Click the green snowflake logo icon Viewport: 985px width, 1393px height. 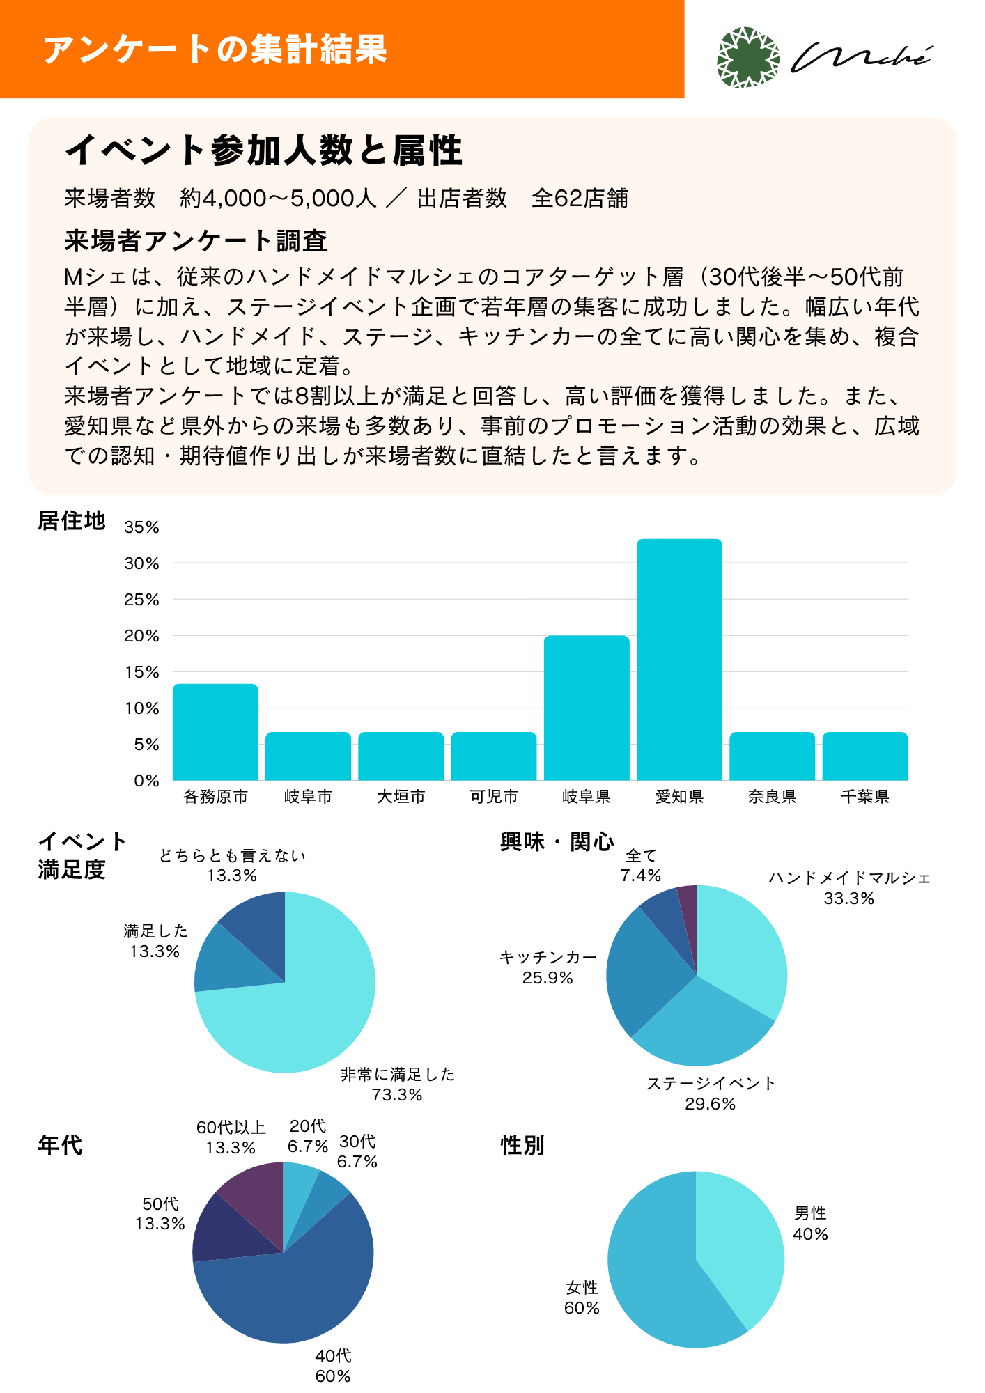(748, 58)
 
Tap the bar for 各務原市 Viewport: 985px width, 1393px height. (215, 732)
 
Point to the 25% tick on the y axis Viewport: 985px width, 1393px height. (141, 600)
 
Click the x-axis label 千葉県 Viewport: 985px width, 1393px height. (865, 797)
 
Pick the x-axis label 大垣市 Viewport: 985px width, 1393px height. (401, 797)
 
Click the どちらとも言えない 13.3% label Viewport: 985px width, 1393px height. (232, 865)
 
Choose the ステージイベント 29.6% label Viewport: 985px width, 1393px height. (711, 1094)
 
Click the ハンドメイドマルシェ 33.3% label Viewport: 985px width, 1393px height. (849, 888)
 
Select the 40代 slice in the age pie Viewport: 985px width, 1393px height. (293, 1289)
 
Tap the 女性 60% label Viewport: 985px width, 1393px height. (582, 1298)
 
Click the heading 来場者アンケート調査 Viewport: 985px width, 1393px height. (196, 241)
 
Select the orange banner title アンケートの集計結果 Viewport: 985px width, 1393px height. (215, 49)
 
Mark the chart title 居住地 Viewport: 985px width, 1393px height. (71, 521)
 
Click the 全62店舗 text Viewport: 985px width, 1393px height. (580, 199)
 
